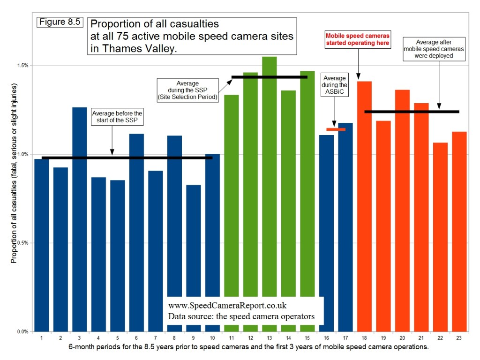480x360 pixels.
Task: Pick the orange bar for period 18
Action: [364, 206]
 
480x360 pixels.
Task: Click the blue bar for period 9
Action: [194, 258]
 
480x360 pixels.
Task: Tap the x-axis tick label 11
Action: [232, 337]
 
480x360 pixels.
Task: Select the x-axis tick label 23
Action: [459, 337]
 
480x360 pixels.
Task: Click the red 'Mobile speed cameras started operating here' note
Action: [358, 39]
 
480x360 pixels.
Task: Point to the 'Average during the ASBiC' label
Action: [334, 85]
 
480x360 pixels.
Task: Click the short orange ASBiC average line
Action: [336, 129]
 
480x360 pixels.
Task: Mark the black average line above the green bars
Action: [269, 77]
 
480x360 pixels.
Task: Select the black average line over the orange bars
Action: [412, 112]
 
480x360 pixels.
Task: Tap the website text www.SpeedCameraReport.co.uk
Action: [227, 306]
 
